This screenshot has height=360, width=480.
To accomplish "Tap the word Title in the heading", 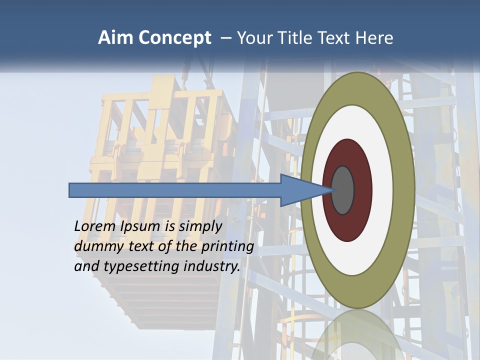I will (x=298, y=38).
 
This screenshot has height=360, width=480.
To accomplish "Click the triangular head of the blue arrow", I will (x=300, y=190).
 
